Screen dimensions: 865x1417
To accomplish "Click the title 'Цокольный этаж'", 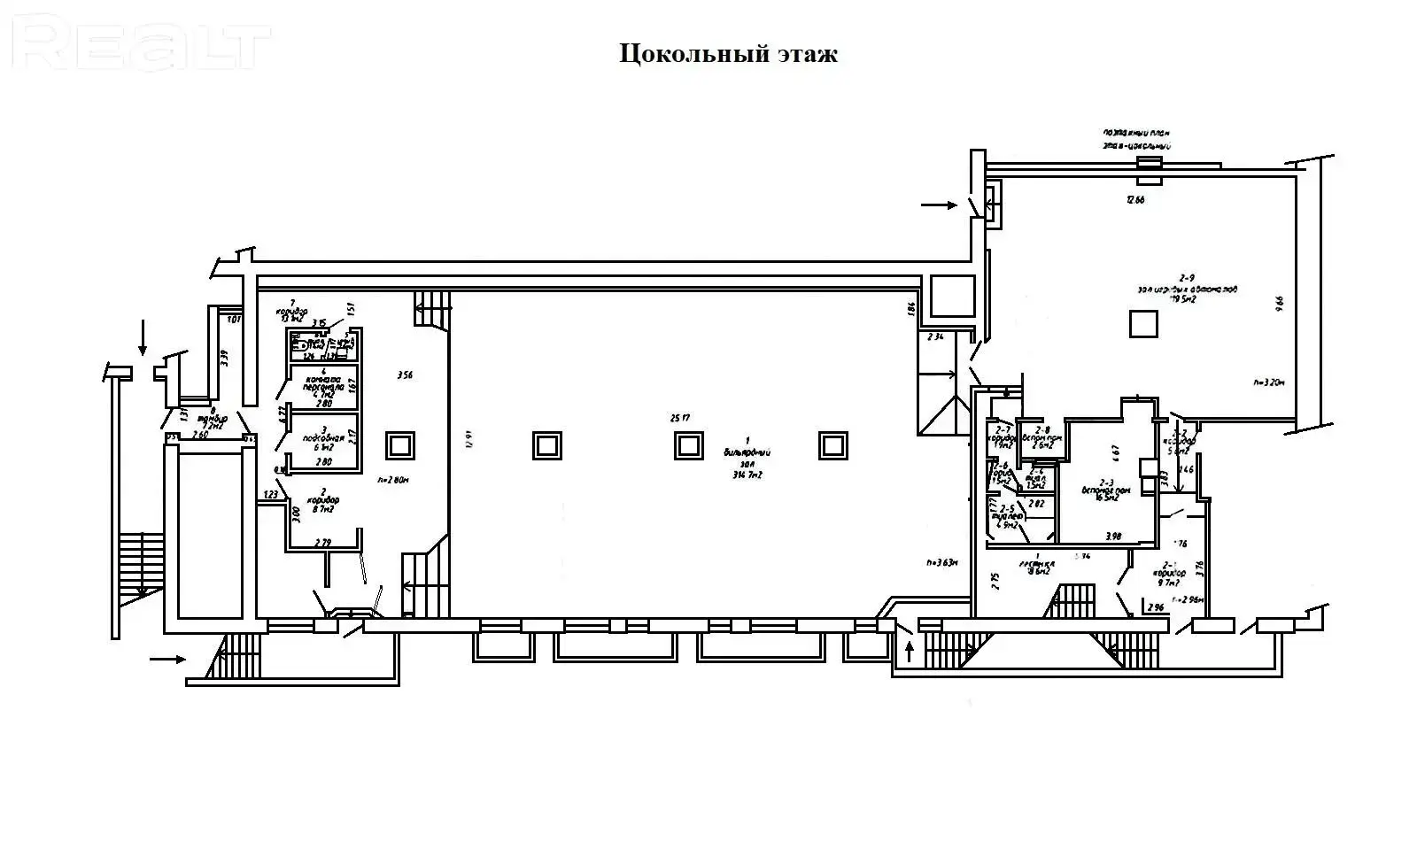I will coord(727,54).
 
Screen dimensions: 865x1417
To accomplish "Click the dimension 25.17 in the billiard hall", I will coord(681,417).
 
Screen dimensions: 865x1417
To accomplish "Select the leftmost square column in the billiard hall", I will coord(546,444).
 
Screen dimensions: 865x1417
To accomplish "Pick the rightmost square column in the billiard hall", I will coord(832,444).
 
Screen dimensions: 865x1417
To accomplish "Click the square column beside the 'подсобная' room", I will coord(399,444).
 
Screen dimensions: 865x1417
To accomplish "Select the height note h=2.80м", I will coord(393,481).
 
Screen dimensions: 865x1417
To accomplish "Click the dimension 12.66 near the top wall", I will coord(1135,200).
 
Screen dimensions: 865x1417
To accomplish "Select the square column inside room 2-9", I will coord(1143,323).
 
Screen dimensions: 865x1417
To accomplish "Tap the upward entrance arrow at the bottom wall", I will coord(910,653).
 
